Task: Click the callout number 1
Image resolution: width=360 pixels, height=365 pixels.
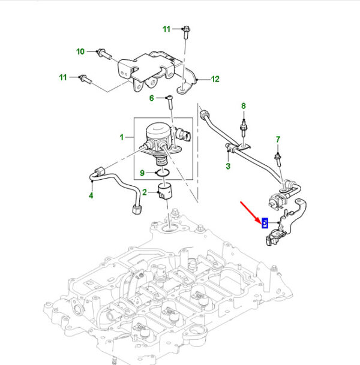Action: pos(122,137)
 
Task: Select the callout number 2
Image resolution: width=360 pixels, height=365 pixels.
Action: pos(145,192)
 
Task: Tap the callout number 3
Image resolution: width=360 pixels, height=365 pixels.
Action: pos(228,166)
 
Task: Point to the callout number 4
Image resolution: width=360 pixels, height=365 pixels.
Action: pos(91,195)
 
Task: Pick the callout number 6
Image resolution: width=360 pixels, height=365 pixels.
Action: pos(152,98)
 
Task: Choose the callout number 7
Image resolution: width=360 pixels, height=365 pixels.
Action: pos(278,140)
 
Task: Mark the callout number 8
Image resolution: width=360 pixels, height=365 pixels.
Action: pos(244,106)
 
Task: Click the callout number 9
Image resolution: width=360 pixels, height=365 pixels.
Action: pos(142,173)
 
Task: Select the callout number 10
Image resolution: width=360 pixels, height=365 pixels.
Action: pos(80,52)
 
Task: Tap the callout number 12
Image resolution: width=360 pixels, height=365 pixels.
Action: pos(215,79)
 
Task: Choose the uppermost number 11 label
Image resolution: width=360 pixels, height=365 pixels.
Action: pos(167,29)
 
